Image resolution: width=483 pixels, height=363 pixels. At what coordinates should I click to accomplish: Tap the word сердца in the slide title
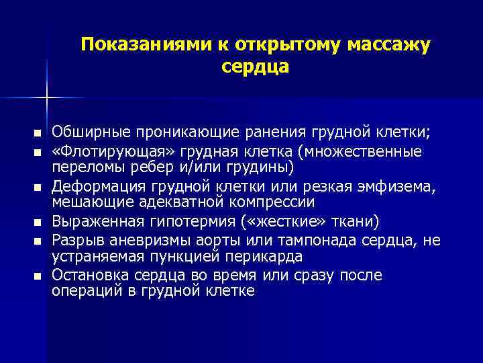click(255, 67)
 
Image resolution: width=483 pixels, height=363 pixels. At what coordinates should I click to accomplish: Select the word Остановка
click(90, 276)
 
